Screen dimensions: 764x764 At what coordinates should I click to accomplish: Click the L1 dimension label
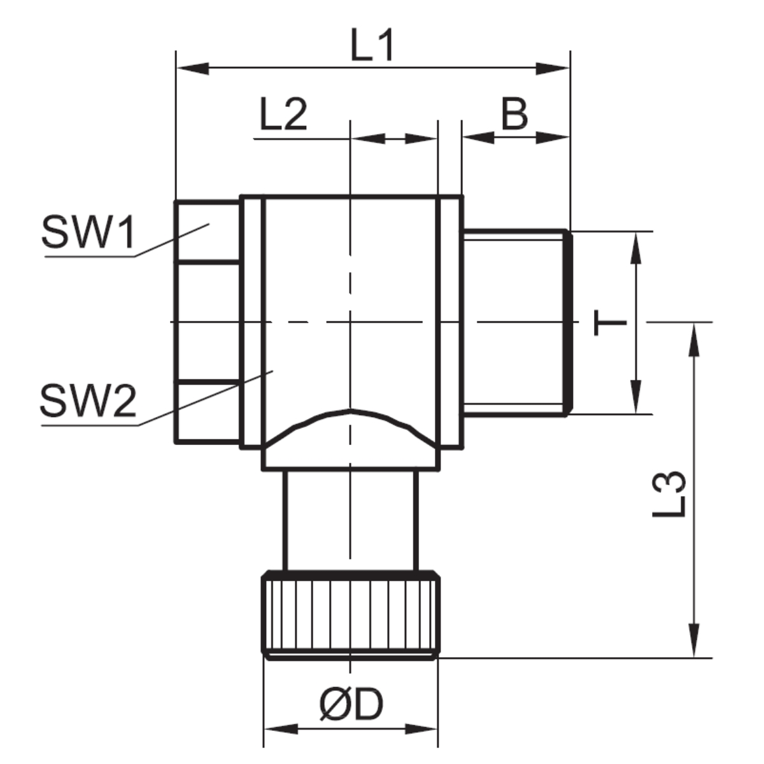tap(372, 45)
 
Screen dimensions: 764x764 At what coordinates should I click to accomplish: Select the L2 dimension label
tap(283, 115)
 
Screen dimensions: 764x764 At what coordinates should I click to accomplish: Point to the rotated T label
tap(610, 323)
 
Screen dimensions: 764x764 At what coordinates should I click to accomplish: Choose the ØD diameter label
tap(351, 703)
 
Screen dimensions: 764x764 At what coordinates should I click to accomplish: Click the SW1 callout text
tap(88, 232)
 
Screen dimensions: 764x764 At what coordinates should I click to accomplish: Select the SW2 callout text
tap(88, 400)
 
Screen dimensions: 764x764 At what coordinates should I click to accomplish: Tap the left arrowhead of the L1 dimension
tap(193, 69)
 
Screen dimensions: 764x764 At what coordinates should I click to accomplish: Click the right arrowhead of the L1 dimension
tap(553, 69)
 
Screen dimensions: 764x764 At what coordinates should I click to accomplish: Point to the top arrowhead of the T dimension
tap(635, 248)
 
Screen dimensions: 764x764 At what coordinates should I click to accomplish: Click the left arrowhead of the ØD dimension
tap(281, 729)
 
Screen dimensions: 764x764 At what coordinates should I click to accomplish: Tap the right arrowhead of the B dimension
tap(553, 138)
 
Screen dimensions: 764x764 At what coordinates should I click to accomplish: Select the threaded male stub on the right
tap(518, 323)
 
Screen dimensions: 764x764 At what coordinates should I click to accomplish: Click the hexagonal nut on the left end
tap(208, 322)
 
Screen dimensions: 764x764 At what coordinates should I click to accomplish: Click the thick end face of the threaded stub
tap(569, 323)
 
